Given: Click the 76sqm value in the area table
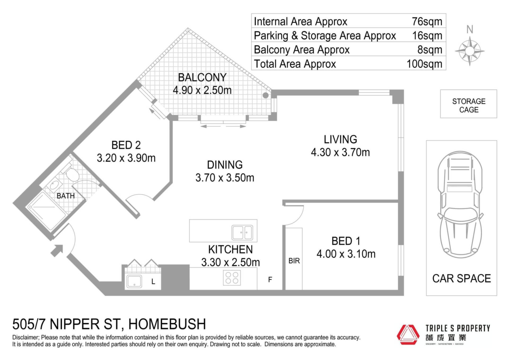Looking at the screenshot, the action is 427,21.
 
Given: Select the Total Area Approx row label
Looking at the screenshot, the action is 295,64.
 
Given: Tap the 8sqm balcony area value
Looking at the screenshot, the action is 430,50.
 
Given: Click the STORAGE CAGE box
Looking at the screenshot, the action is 468,104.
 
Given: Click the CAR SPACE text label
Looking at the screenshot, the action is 462,279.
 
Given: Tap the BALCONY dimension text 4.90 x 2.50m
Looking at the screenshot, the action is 202,90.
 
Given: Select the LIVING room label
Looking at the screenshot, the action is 340,140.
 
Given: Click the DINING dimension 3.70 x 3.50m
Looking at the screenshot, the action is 225,178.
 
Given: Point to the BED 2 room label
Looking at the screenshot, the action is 126,145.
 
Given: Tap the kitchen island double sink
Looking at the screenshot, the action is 242,232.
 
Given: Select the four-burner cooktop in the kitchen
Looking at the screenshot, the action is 232,278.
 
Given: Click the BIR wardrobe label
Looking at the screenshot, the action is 294,261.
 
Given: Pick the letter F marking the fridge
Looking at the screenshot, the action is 270,280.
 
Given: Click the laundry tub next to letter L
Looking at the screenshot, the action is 134,281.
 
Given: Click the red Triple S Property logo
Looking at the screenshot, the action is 408,335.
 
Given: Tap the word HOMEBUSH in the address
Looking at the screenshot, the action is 167,324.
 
